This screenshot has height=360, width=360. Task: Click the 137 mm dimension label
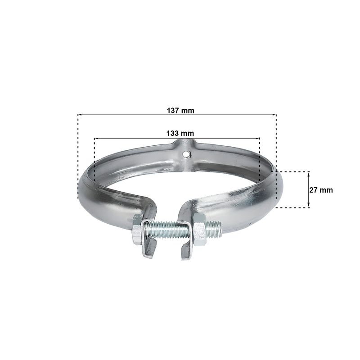click(180, 110)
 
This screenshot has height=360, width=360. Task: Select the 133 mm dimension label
click(180, 133)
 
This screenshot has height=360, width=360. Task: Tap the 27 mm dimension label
click(321, 190)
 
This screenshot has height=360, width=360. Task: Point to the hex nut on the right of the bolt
click(199, 229)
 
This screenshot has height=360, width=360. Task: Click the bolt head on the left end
click(137, 229)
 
